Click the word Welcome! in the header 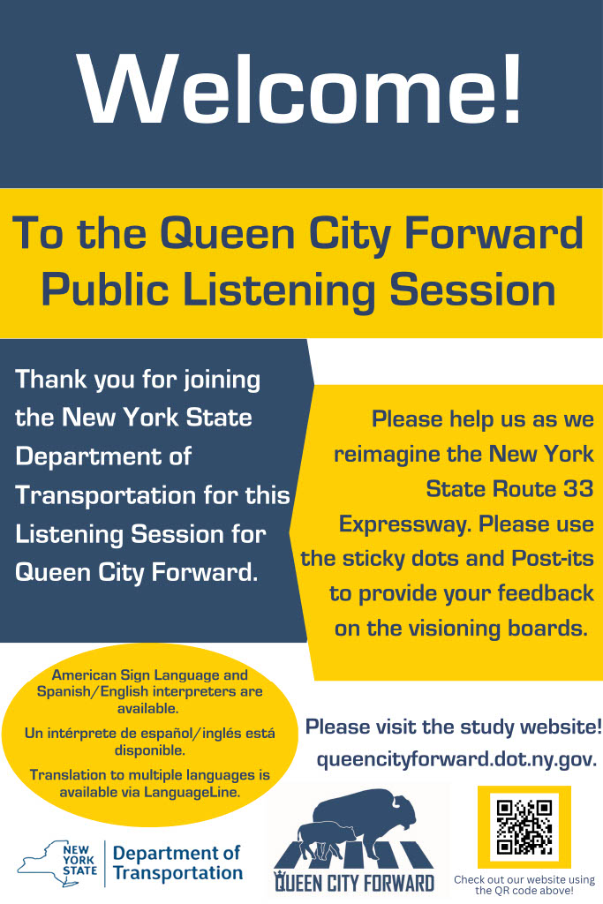point(300,89)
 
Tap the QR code point(524,826)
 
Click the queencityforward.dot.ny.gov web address point(456,759)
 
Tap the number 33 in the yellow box point(578,489)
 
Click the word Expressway point(405,524)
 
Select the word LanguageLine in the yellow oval point(192,792)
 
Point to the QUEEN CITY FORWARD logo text point(354,883)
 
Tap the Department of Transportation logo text point(177,863)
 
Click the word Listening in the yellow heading point(279,290)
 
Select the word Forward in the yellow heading point(494,233)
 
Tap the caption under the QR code point(524,885)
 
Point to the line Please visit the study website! point(454,727)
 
